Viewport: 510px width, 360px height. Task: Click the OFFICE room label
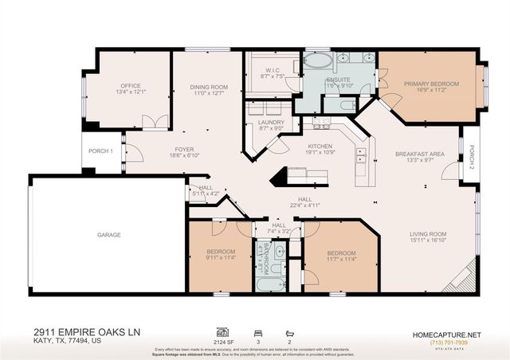tap(131, 85)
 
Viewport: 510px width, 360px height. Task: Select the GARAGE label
tap(109, 235)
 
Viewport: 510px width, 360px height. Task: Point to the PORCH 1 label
tap(100, 151)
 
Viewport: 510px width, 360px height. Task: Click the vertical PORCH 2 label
tap(472, 152)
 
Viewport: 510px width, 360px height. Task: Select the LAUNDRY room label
tap(271, 123)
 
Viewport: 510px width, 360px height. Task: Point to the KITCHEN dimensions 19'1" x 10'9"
tap(320, 152)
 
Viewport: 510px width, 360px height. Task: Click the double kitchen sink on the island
tap(361, 152)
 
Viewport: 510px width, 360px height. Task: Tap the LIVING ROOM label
tap(428, 234)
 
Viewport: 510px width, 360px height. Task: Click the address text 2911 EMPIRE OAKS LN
tap(76, 330)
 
